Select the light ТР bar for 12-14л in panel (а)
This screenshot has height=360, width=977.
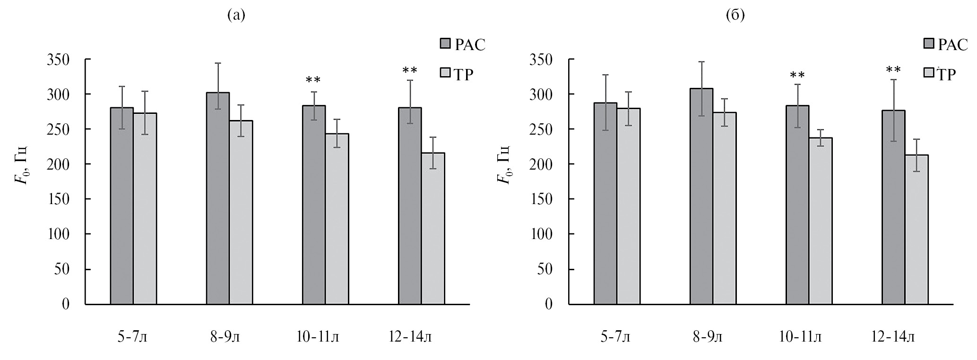pos(433,229)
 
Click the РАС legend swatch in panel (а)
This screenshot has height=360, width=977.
pos(446,44)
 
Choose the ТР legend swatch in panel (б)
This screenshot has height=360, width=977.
pos(929,73)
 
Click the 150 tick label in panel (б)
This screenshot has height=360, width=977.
pos(543,199)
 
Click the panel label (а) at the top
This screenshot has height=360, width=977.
pos(236,16)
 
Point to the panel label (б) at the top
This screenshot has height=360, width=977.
pos(735,16)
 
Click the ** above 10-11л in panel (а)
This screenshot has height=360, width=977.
pos(313,80)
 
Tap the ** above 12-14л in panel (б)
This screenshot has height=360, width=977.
pos(893,71)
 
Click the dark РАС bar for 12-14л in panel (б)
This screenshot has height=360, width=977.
pos(893,207)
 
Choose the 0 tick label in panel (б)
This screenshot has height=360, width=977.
pos(548,304)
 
